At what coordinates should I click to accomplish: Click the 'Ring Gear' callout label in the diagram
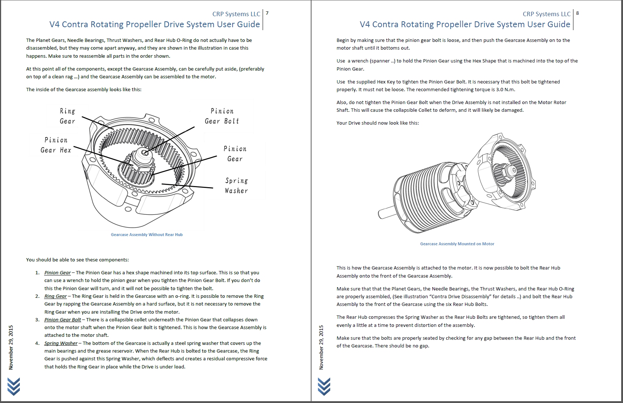[68, 116]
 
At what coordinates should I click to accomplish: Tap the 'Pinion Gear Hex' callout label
[56, 145]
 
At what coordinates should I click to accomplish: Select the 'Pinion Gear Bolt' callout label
[222, 116]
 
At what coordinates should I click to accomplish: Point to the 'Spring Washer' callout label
[236, 186]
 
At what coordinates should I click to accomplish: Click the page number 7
[267, 13]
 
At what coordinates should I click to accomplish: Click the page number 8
[577, 13]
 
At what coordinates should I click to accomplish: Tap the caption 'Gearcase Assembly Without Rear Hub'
[147, 235]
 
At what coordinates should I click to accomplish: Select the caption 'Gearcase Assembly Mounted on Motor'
[457, 244]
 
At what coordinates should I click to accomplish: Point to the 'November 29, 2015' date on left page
[11, 347]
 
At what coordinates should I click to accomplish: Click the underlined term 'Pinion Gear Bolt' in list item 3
[62, 320]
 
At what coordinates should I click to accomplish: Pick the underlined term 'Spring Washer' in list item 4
[61, 343]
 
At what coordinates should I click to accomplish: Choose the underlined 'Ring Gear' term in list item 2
[55, 296]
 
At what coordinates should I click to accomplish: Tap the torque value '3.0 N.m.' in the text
[505, 89]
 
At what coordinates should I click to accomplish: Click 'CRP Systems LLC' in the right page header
[546, 14]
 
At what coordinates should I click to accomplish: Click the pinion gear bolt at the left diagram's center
[145, 153]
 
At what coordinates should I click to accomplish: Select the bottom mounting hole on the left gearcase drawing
[128, 209]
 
